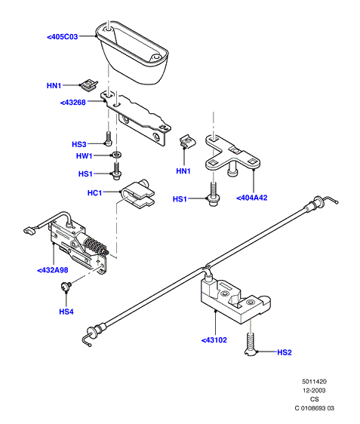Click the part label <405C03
(63, 36)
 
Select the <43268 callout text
(72, 103)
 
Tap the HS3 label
(79, 144)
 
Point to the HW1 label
(84, 155)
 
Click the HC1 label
(94, 193)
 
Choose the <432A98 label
(53, 270)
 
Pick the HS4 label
(66, 312)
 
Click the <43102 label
(214, 340)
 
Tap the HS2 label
(285, 352)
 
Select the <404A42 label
(252, 198)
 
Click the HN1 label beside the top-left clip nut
(54, 86)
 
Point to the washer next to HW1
(117, 155)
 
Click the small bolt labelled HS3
(108, 138)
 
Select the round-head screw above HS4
(66, 286)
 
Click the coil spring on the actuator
(95, 245)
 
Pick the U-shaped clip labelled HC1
(137, 194)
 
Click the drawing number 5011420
(314, 382)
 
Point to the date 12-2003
(314, 391)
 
